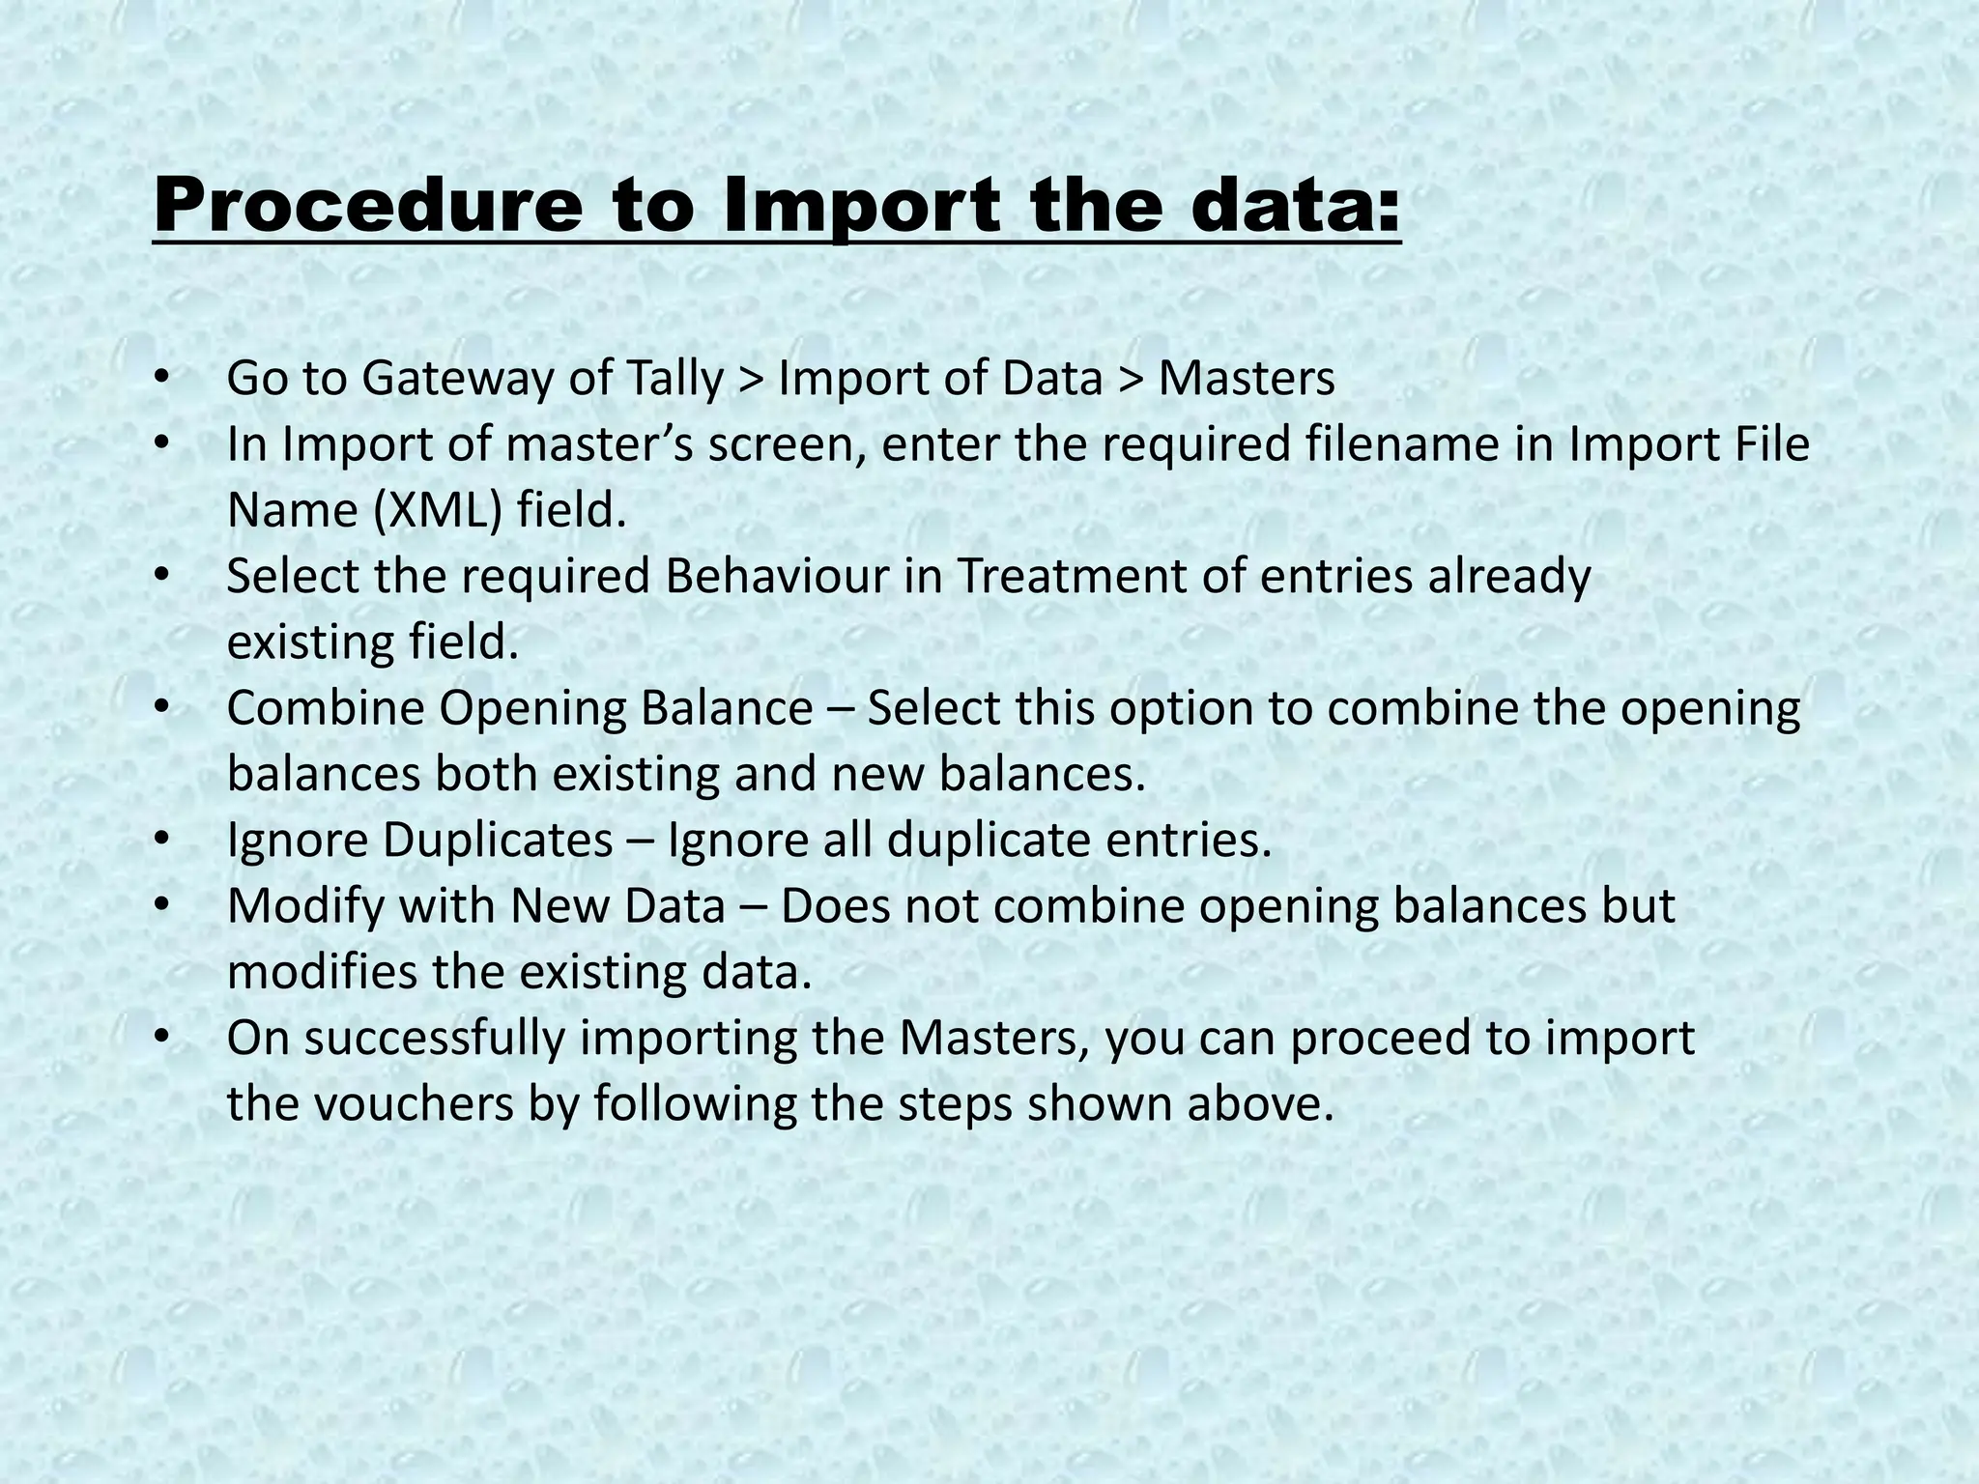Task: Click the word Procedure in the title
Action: pyautogui.click(x=367, y=208)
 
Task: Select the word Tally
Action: pyautogui.click(x=674, y=379)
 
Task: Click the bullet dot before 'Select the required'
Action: pyautogui.click(x=161, y=576)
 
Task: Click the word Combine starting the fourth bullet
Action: pyautogui.click(x=325, y=708)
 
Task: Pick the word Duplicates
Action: pyautogui.click(x=497, y=841)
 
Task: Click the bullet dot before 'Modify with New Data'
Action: pyautogui.click(x=161, y=904)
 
